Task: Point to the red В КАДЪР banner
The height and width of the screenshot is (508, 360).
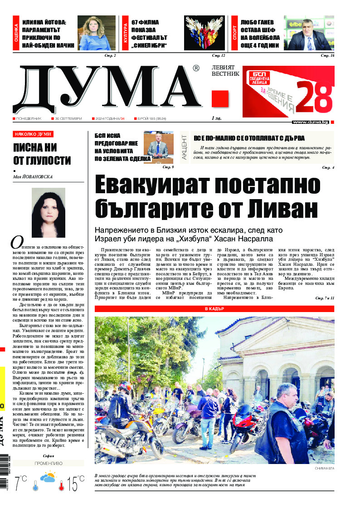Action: [x=214, y=309]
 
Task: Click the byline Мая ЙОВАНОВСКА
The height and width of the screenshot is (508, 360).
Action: [x=33, y=177]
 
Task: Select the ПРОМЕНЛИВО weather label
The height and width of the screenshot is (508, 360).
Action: [x=48, y=464]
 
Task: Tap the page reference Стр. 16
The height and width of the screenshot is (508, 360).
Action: [x=327, y=56]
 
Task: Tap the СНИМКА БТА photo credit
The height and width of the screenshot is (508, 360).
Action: [x=324, y=468]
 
